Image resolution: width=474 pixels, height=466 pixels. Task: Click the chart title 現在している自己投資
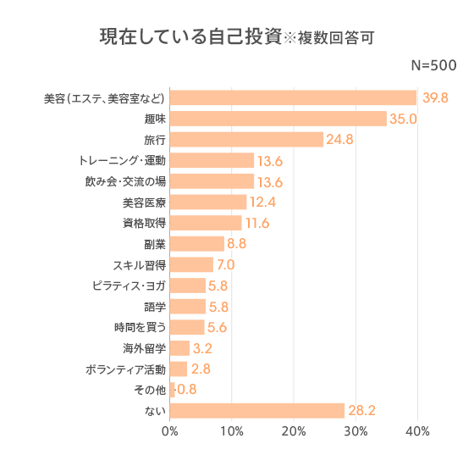coord(190,37)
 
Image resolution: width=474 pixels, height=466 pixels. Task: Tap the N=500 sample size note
coord(433,66)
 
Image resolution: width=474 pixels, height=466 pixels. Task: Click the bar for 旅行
coord(246,139)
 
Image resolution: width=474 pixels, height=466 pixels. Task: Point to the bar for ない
coord(257,411)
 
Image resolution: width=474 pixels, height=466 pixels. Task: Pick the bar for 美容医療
coord(208,202)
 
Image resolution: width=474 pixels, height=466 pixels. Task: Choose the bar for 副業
coord(197,244)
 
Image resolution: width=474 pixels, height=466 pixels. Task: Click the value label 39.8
coord(434,98)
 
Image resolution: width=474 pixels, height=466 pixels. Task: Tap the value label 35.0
coord(404,119)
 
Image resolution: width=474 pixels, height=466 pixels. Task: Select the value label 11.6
coord(256,224)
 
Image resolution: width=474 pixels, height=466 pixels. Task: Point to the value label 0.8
coord(187,391)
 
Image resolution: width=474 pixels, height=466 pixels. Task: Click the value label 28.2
coord(362,411)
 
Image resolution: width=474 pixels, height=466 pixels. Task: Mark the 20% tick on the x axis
coord(294,432)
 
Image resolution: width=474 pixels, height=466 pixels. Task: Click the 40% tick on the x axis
coord(417,432)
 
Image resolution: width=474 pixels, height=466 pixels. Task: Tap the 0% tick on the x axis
coord(170,432)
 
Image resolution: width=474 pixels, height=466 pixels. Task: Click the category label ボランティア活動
coord(125,369)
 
